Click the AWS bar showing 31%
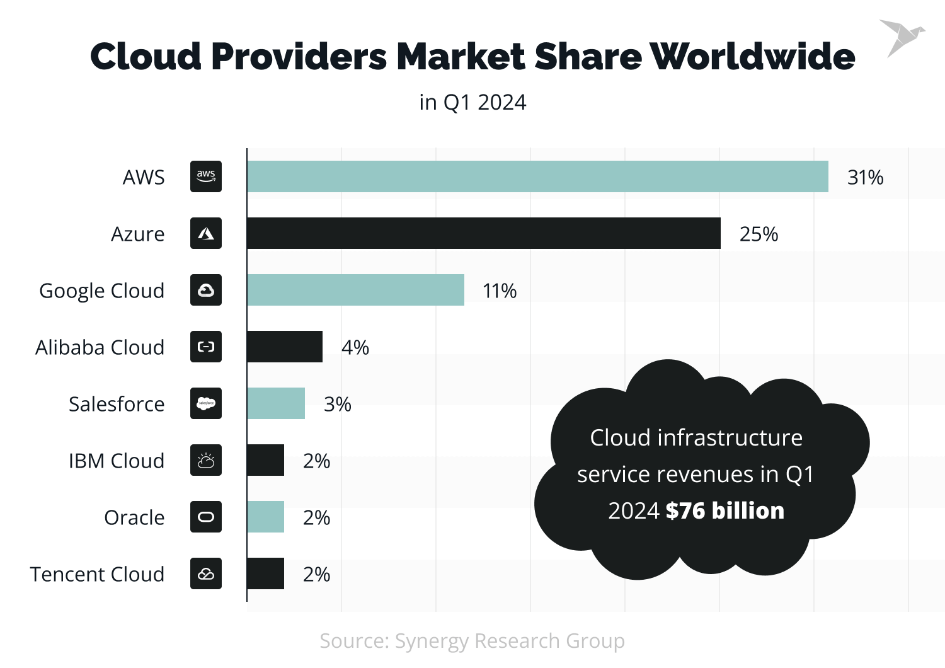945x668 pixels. [537, 176]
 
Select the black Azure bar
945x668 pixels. [483, 233]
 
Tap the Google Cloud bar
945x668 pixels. [355, 290]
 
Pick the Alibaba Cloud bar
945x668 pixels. [285, 347]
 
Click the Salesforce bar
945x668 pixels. [276, 403]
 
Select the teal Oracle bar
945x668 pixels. [265, 517]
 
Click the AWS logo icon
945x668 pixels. [206, 176]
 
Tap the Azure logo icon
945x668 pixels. [206, 233]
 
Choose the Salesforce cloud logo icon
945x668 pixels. [206, 403]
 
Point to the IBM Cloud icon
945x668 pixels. [206, 460]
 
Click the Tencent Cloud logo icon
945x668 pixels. [206, 573]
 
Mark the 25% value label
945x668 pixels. [759, 234]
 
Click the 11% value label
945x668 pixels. [500, 291]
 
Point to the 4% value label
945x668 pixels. [355, 347]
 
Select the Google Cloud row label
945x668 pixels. [101, 291]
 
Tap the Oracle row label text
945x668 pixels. [134, 517]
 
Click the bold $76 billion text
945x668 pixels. [724, 510]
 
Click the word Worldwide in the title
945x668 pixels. [752, 57]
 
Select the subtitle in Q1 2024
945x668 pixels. [472, 102]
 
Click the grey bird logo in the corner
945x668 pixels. [900, 37]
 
